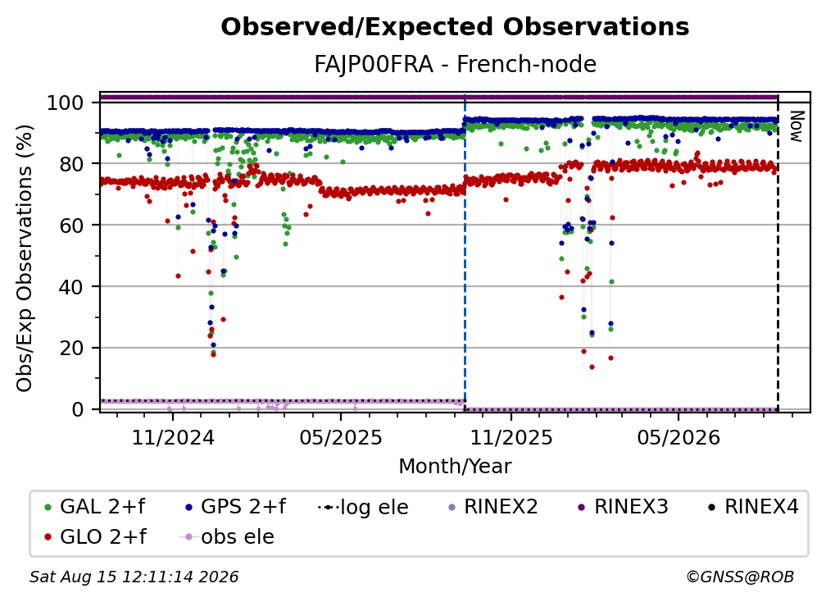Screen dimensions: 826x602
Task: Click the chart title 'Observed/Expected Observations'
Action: [x=455, y=27]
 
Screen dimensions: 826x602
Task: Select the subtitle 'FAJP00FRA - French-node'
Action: [x=455, y=64]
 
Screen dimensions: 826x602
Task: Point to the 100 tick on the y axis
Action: [x=66, y=103]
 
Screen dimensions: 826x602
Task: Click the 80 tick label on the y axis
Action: [x=72, y=164]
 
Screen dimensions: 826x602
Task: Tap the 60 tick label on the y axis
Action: [x=72, y=226]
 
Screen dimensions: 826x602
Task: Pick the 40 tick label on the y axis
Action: [x=72, y=287]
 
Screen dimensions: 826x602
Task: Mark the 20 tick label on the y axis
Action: [x=72, y=349]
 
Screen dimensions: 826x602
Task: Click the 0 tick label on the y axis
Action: [x=78, y=409]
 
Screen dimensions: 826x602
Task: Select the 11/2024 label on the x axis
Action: [x=173, y=437]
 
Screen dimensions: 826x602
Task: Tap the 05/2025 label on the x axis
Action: [x=341, y=437]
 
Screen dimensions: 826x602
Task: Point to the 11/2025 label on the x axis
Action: [x=511, y=437]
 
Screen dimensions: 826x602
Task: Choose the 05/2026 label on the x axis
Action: [x=678, y=437]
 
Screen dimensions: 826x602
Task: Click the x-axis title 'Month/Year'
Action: [x=455, y=467]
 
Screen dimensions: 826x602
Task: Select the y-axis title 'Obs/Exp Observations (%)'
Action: [x=25, y=258]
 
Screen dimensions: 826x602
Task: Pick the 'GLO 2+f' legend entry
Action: [x=95, y=537]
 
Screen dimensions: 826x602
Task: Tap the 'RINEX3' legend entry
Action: [x=623, y=507]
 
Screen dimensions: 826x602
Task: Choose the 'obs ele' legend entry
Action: [x=226, y=537]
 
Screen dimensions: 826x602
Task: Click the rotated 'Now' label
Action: [x=796, y=126]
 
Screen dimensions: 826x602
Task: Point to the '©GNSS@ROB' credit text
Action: [x=740, y=577]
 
